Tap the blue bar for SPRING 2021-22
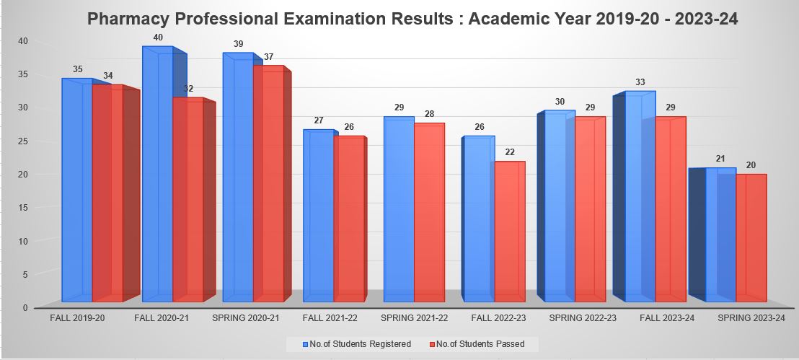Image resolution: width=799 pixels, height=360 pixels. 399,209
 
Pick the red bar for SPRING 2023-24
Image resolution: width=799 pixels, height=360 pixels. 751,238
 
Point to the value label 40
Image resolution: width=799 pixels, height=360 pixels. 158,38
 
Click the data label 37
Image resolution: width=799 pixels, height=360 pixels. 268,57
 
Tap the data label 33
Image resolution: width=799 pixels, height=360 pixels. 640,82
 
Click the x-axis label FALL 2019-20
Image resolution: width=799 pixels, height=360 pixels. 78,317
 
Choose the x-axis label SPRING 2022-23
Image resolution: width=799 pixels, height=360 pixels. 582,317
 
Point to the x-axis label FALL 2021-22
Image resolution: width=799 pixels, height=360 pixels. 329,317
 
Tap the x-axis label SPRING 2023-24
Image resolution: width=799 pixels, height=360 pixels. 750,317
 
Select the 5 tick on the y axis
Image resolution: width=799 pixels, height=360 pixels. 25,275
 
